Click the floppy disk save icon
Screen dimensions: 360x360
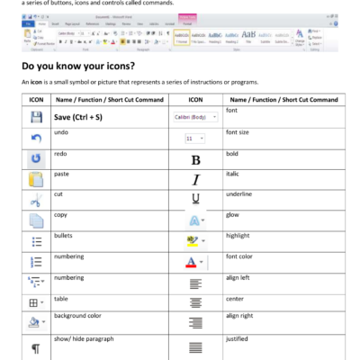pos(37,117)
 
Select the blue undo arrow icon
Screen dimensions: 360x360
pos(37,138)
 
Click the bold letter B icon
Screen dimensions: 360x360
pos(195,159)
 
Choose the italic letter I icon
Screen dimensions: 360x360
pos(195,179)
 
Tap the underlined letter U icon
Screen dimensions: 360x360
pos(195,198)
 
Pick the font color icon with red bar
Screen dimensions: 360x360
pos(195,262)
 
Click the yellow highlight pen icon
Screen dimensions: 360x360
pos(195,240)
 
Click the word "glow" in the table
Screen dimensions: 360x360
pos(234,215)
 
